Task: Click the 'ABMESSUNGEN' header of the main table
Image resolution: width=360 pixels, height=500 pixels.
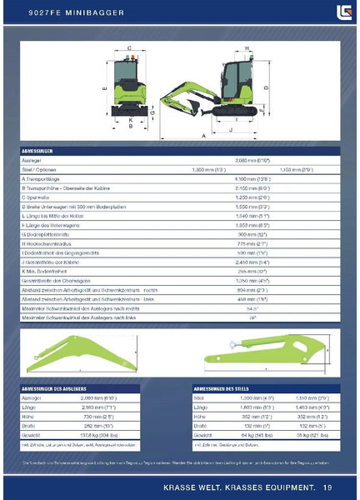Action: [x=41, y=151]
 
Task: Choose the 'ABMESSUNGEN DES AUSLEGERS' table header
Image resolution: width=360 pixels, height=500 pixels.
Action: [x=63, y=389]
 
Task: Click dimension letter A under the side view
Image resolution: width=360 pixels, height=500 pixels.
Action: [x=203, y=133]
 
